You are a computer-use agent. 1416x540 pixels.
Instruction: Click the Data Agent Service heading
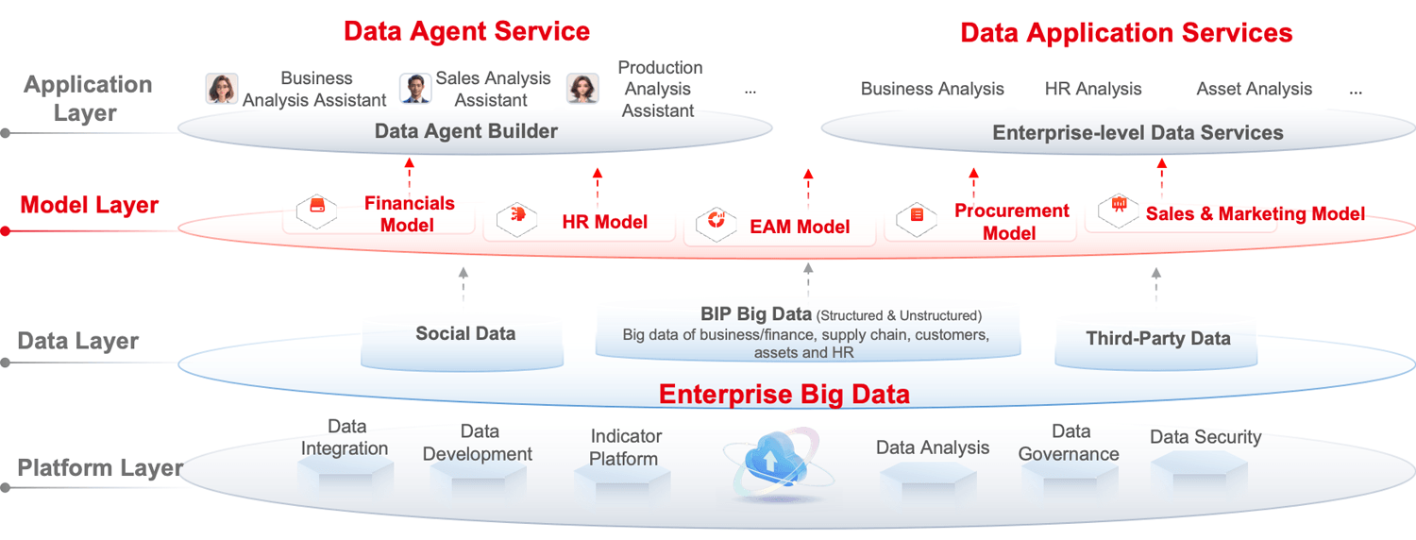click(x=466, y=31)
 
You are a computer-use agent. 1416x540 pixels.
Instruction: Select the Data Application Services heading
click(x=1125, y=33)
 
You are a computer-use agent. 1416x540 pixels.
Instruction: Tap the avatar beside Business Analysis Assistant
click(x=222, y=89)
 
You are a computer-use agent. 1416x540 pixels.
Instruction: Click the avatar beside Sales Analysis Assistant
click(x=414, y=89)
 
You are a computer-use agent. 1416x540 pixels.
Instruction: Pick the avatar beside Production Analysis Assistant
click(x=582, y=89)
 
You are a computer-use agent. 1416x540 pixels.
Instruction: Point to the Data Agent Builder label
click(x=466, y=131)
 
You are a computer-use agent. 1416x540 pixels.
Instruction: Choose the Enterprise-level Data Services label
click(x=1138, y=133)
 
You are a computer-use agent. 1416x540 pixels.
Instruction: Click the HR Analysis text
click(x=1093, y=90)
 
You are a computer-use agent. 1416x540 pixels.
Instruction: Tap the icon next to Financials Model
click(x=316, y=211)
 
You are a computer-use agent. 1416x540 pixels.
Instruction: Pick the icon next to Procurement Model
click(x=917, y=218)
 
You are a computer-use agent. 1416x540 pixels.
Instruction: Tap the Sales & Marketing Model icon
click(x=1120, y=206)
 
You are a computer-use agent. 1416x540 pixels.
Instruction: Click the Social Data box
click(x=464, y=338)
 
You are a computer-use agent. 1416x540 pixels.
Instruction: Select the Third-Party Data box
click(x=1157, y=342)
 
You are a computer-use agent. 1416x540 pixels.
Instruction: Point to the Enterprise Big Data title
click(x=784, y=394)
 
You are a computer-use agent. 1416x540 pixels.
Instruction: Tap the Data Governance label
click(x=1070, y=443)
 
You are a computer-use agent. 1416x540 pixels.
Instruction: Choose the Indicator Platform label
click(x=625, y=447)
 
